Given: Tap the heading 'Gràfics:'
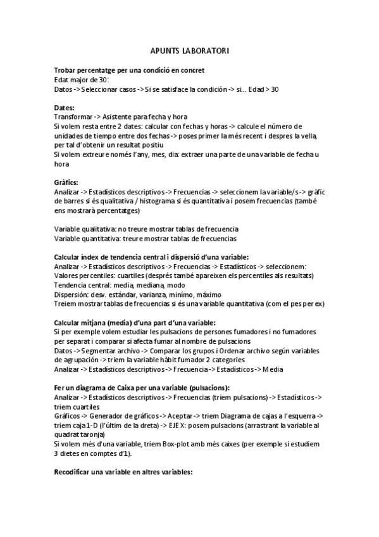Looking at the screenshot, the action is pyautogui.click(x=66, y=182).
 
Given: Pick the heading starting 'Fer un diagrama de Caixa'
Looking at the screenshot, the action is pyautogui.click(x=142, y=387).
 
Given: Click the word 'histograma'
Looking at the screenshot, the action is pyautogui.click(x=126, y=201).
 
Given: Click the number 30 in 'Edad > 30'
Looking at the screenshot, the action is pyautogui.click(x=273, y=89).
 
